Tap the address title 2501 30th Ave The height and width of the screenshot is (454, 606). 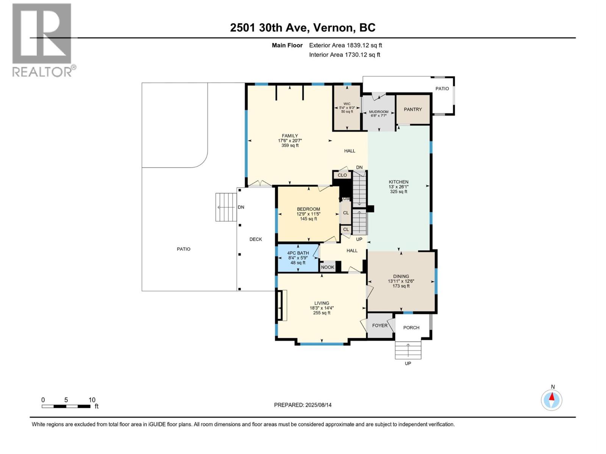303,28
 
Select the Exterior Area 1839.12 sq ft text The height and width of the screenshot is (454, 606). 345,45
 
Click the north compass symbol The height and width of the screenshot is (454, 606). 552,400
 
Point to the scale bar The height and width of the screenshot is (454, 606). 66,406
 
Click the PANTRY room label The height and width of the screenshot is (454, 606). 412,109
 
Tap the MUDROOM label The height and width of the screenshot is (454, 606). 378,112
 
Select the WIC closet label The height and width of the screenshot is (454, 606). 347,104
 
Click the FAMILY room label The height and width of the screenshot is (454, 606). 290,136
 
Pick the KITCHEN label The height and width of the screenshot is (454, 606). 398,182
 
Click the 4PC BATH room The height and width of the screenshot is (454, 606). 298,258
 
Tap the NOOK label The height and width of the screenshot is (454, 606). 328,267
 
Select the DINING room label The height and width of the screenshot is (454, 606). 401,277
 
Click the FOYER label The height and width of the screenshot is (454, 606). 380,325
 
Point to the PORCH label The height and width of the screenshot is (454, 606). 411,328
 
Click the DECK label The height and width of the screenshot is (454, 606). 256,239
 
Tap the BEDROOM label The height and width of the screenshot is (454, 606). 308,209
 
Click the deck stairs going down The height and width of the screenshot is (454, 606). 226,207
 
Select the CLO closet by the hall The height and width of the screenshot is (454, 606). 342,175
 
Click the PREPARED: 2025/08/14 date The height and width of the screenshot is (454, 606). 303,405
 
